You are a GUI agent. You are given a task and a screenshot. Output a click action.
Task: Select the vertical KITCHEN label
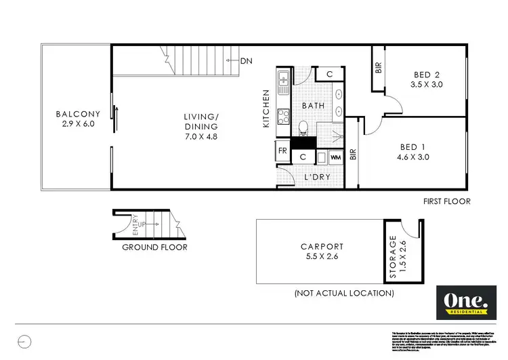[267, 109]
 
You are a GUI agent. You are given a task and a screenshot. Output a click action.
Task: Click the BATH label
[313, 106]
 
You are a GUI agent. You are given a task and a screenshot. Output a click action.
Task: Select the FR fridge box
[282, 151]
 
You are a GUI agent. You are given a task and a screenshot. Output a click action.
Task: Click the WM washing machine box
[335, 157]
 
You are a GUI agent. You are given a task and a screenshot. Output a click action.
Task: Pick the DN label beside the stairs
[247, 61]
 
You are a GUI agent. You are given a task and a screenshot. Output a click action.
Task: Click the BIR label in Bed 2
[377, 67]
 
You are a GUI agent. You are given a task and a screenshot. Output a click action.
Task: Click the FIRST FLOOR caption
[446, 201]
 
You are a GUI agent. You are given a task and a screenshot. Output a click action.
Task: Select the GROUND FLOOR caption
[154, 247]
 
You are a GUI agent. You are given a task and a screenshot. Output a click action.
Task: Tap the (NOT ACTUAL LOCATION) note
[343, 294]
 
